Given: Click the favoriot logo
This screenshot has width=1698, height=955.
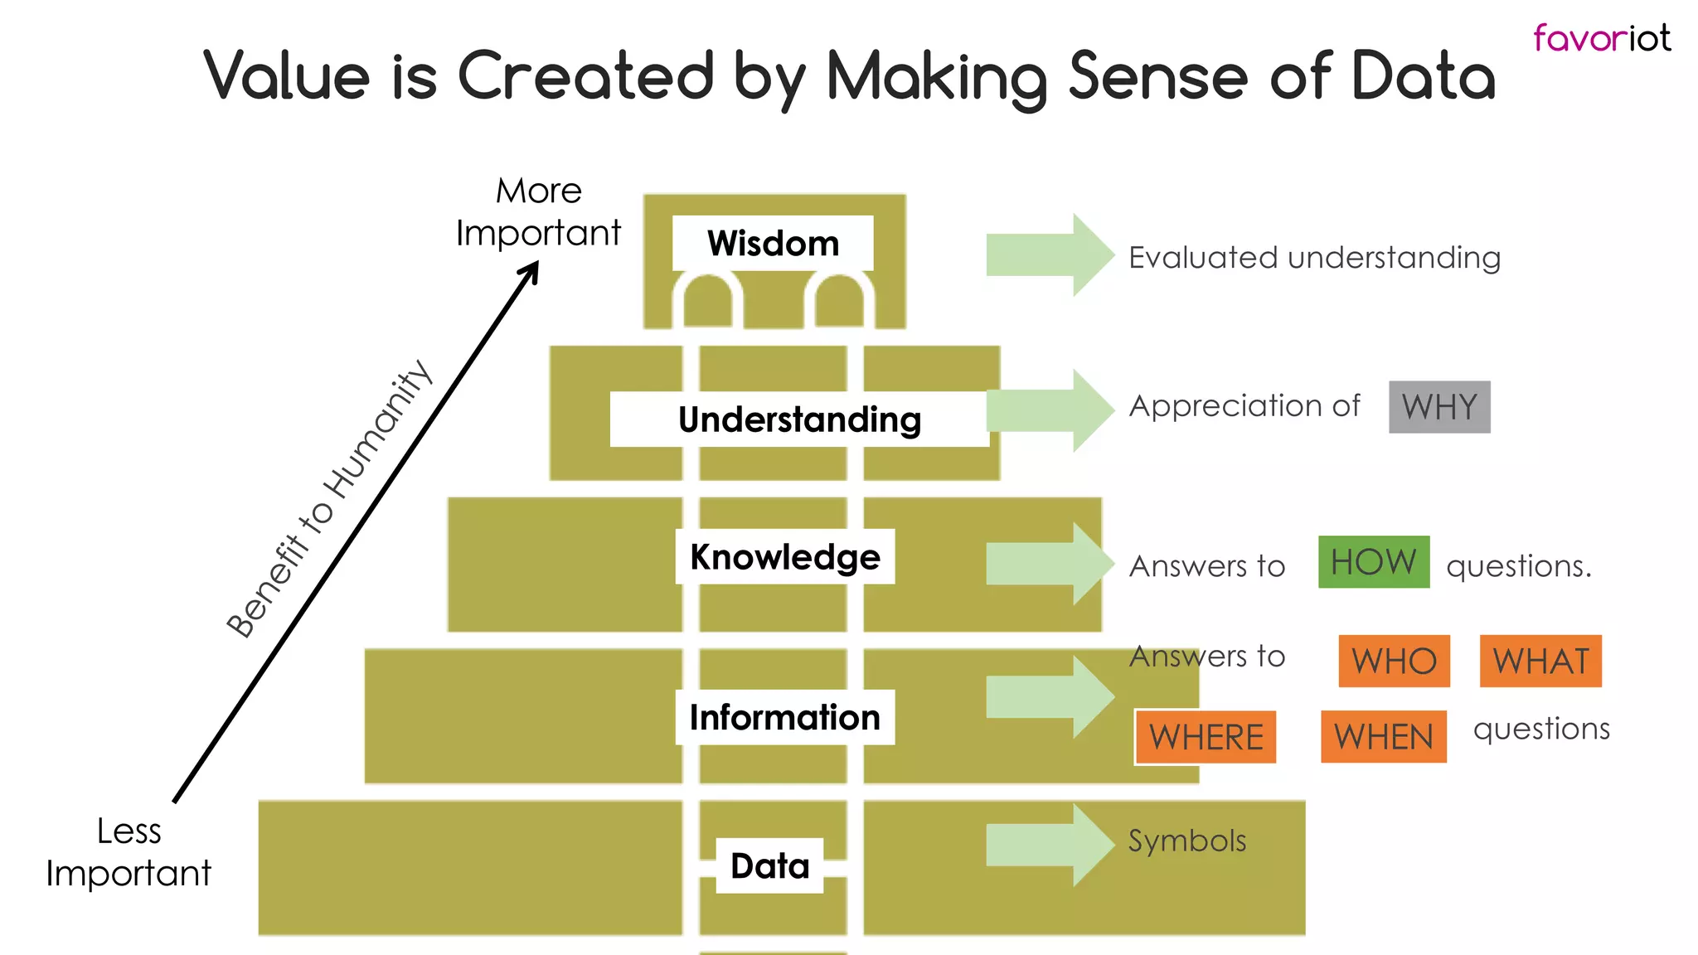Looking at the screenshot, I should [1601, 38].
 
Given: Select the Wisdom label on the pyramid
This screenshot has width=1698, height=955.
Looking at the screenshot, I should [773, 243].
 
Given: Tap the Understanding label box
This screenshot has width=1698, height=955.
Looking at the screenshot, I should [799, 419].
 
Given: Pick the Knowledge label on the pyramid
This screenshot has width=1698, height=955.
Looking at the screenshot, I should [784, 556].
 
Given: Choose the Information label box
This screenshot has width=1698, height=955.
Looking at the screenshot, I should [784, 717].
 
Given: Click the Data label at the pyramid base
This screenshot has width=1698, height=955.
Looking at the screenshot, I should [769, 865].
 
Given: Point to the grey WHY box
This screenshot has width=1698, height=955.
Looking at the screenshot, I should [1439, 407].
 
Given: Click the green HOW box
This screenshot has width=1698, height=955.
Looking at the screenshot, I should [1374, 562].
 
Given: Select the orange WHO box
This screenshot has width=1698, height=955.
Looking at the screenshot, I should [1394, 662].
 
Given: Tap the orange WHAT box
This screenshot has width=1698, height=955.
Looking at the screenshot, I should [1540, 662].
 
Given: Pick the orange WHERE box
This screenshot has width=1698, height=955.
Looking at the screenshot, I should [1206, 737].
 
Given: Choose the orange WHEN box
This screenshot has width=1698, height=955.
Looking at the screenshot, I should [1383, 737].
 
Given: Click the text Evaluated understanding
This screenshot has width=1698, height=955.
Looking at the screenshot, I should [1314, 258].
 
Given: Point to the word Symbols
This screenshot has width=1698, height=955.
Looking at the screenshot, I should [1186, 841].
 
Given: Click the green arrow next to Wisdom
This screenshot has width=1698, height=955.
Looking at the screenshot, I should [1050, 255].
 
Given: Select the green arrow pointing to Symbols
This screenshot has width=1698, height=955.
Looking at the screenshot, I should [1050, 845].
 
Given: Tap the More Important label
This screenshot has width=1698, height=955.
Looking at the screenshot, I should [539, 212].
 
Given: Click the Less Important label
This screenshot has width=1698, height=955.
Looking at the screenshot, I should [129, 852].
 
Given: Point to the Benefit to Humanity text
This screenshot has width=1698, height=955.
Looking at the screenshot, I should [329, 499].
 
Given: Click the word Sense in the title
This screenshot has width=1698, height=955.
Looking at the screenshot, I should [1157, 76].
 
